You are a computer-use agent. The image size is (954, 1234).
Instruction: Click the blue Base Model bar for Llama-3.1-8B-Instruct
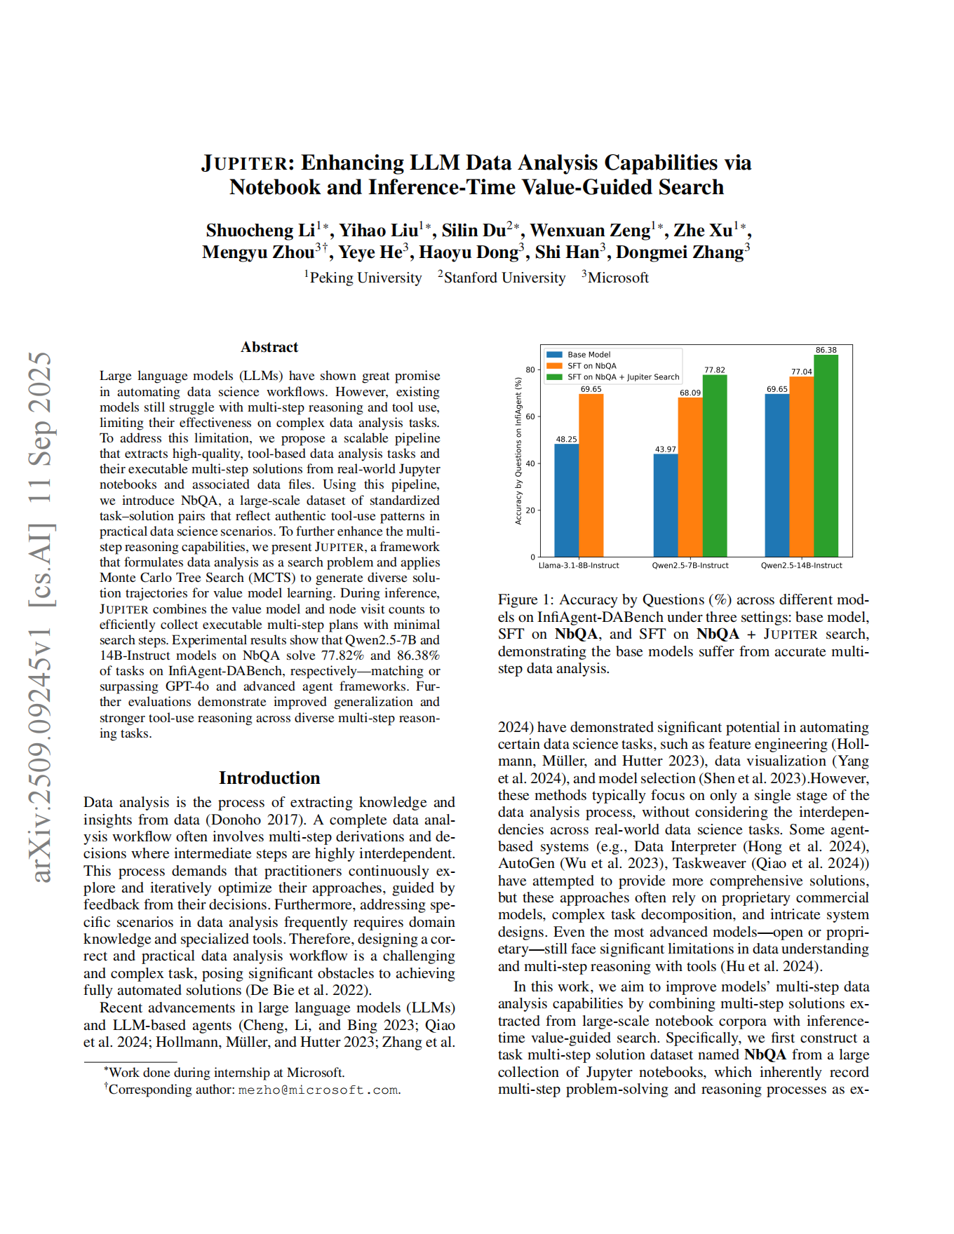click(566, 500)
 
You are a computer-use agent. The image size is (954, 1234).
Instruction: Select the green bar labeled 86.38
click(826, 456)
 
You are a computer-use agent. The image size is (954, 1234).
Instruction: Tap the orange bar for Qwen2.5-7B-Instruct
click(690, 477)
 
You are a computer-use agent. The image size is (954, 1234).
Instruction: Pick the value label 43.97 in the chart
click(665, 449)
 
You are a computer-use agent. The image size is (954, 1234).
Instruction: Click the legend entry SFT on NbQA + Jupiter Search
click(623, 377)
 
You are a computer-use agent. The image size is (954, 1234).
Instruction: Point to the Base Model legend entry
click(589, 355)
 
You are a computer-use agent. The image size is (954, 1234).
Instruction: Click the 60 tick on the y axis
click(531, 416)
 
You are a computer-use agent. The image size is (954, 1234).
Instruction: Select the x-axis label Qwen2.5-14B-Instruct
click(801, 565)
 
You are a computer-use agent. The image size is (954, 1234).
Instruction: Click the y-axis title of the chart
click(518, 451)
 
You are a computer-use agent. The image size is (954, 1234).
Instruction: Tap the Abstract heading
click(269, 347)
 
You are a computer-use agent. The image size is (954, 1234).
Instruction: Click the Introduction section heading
click(269, 778)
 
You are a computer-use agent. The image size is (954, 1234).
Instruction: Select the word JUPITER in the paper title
click(244, 163)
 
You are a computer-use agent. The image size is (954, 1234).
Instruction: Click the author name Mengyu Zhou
click(258, 252)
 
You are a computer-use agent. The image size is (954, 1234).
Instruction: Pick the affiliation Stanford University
click(504, 278)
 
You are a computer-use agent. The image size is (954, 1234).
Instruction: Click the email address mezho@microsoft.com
click(318, 1090)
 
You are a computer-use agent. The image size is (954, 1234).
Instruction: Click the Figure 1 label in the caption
click(526, 599)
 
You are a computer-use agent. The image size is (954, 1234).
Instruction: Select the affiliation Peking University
click(365, 278)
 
